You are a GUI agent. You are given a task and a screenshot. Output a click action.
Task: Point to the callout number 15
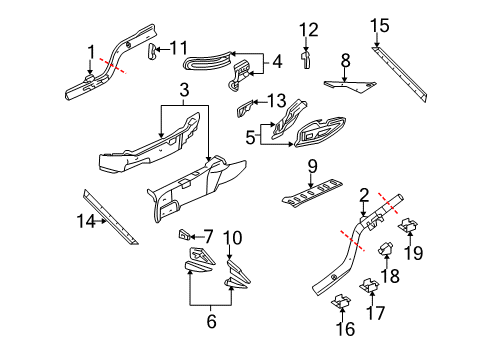(x=379, y=25)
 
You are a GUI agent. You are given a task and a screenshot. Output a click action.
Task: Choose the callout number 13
(x=276, y=100)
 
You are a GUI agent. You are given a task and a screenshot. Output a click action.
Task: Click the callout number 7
(x=209, y=236)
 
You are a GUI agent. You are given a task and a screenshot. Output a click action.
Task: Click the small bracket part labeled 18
(x=385, y=258)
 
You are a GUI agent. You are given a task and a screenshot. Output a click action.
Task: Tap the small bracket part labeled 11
(x=154, y=52)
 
